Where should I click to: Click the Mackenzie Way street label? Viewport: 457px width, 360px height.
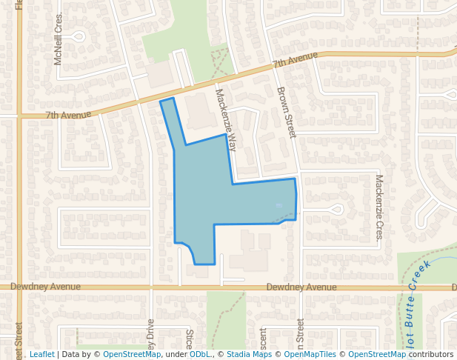pyautogui.click(x=226, y=119)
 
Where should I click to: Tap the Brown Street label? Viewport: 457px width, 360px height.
pyautogui.click(x=286, y=113)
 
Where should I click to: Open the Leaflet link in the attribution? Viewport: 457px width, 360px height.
pyautogui.click(x=41, y=354)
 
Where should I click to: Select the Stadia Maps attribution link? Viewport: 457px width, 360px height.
pyautogui.click(x=249, y=354)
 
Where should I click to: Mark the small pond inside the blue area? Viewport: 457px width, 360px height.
pyautogui.click(x=278, y=205)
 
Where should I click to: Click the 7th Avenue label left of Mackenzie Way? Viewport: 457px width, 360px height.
pyautogui.click(x=68, y=115)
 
